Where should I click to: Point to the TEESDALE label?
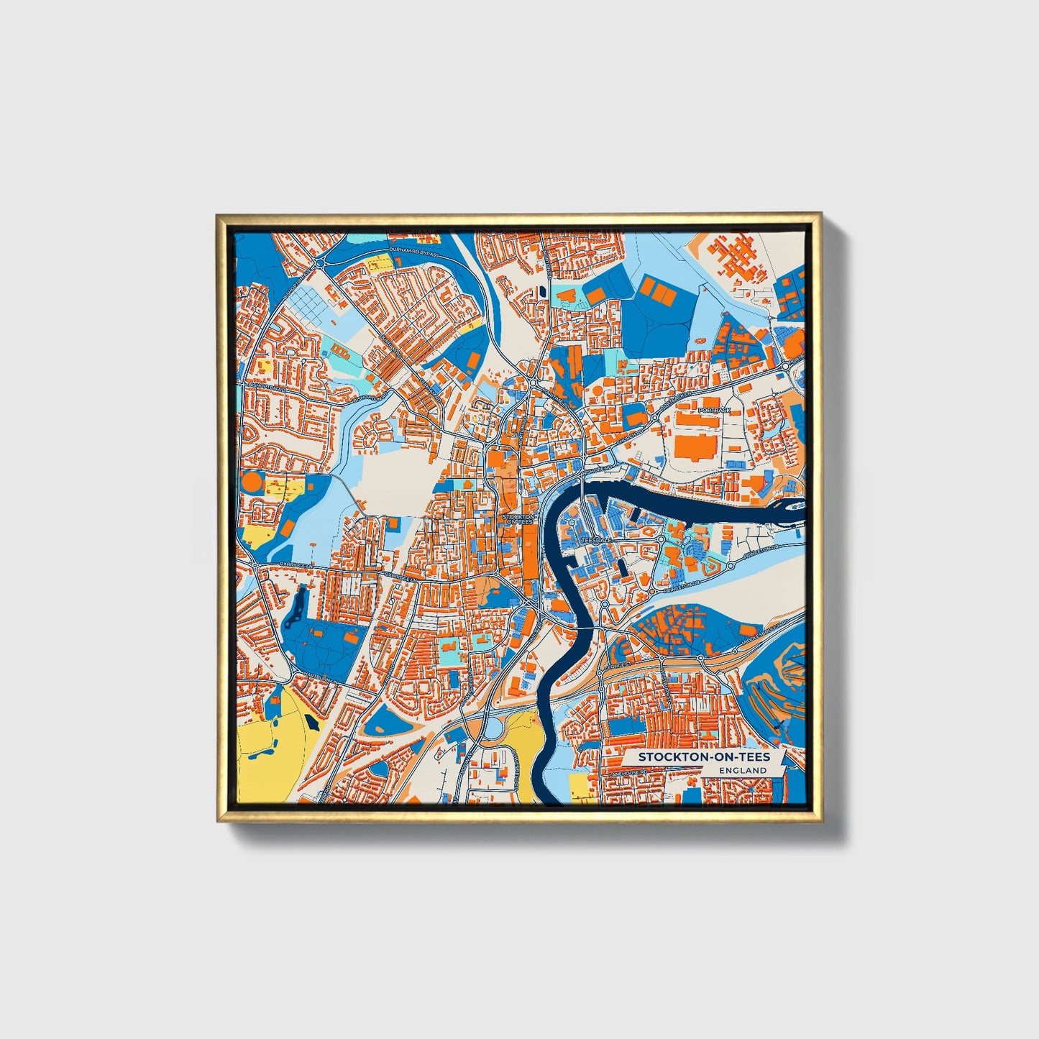pyautogui.click(x=596, y=538)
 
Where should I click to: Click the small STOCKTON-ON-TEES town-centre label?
pyautogui.click(x=519, y=519)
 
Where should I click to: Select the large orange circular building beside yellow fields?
pyautogui.click(x=253, y=481)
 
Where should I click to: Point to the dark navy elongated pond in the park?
pyautogui.click(x=297, y=608)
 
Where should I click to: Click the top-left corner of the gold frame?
pyautogui.click(x=217, y=214)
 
